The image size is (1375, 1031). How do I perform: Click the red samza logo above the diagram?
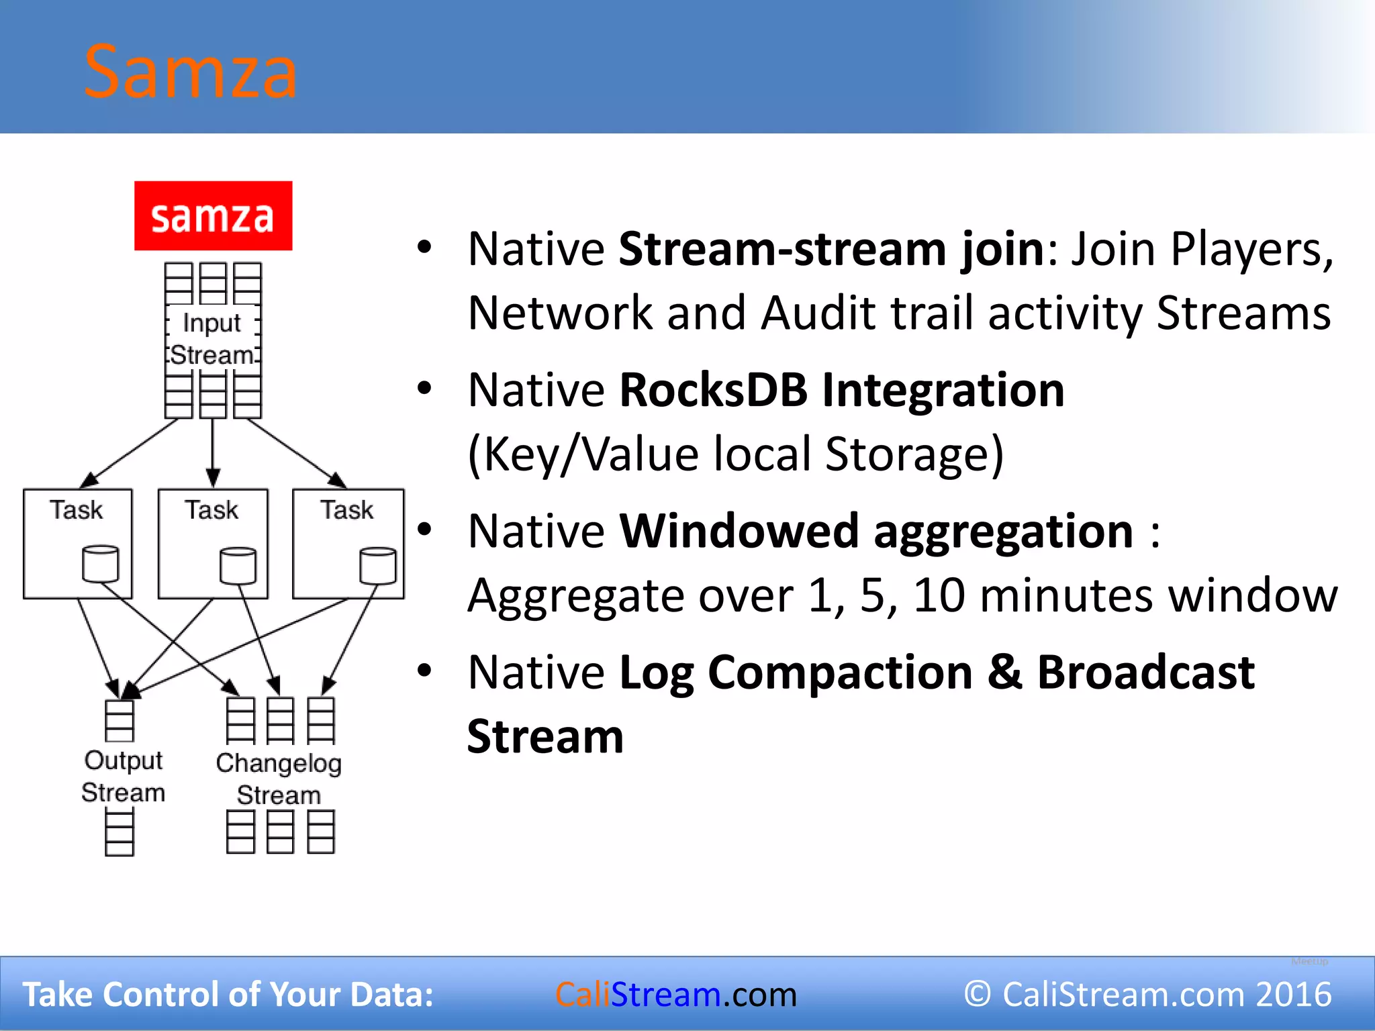213,216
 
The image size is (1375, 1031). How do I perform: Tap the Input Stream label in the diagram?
212,339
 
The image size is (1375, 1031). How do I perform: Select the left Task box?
77,543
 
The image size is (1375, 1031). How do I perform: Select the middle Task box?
213,543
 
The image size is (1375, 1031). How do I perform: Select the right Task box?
348,543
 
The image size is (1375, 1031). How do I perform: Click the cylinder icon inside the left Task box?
101,564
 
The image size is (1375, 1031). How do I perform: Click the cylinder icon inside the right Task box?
377,565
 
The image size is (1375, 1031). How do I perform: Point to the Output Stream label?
123,777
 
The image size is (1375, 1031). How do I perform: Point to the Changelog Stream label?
279,779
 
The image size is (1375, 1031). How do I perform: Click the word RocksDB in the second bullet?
713,390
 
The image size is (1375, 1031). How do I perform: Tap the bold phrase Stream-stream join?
831,250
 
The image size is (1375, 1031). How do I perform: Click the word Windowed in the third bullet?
739,531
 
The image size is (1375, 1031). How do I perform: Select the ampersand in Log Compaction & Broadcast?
1004,672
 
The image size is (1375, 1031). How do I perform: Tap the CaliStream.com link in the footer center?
675,994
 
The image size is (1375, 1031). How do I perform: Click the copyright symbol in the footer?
978,994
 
